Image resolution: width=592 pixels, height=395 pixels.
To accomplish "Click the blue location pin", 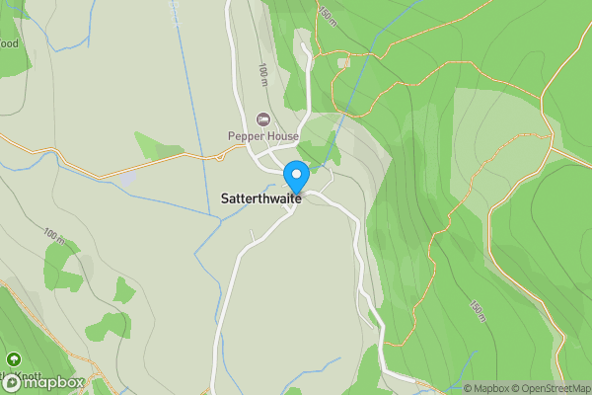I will click(x=296, y=177).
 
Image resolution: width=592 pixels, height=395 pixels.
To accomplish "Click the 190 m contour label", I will click(x=478, y=311).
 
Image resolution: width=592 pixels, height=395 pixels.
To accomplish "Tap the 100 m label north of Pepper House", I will click(x=263, y=75).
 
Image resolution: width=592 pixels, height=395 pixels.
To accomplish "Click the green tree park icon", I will click(x=14, y=360).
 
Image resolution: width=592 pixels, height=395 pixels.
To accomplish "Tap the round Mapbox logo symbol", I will click(x=13, y=382).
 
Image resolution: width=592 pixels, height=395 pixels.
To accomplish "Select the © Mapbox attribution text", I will click(x=485, y=388).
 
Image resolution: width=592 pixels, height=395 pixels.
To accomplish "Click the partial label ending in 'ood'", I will click(x=9, y=43).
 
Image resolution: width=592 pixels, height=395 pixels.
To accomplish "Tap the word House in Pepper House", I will click(x=279, y=135).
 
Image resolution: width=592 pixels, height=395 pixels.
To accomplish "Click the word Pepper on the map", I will click(x=245, y=135).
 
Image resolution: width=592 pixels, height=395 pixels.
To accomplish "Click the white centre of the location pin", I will click(x=296, y=173).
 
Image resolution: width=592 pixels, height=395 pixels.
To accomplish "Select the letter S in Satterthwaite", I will click(x=212, y=197).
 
